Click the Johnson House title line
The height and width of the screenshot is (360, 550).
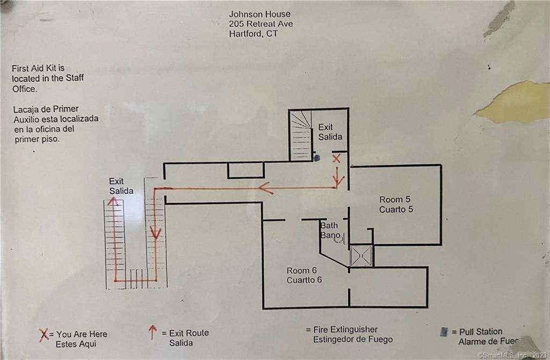259,14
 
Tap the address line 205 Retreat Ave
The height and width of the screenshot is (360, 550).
260,24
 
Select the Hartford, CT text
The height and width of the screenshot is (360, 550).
254,34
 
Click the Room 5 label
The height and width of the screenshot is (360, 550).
395,200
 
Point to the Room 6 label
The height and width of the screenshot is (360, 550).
302,270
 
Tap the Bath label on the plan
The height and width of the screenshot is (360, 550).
329,226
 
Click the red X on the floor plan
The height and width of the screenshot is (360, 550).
336,159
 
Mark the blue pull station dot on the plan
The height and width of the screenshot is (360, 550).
317,159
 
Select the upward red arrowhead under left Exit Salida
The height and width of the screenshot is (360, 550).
113,201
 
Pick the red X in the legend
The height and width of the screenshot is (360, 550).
44,335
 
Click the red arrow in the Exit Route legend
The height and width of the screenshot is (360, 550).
152,332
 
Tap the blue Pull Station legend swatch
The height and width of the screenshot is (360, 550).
444,332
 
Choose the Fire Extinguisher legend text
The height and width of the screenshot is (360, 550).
345,329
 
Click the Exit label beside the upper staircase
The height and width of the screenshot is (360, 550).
325,127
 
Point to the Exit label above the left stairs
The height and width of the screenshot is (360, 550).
116,182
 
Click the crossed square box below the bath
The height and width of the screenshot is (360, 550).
361,256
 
